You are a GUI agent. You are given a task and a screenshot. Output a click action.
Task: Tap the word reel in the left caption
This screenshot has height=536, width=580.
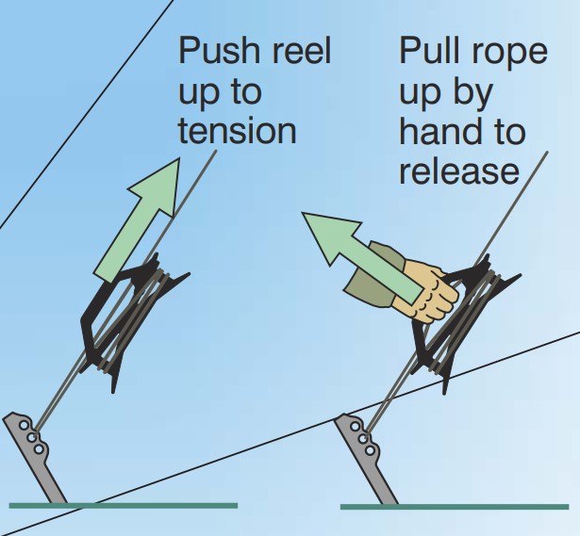[300, 52]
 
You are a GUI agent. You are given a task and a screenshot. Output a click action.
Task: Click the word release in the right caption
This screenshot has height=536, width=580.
[458, 172]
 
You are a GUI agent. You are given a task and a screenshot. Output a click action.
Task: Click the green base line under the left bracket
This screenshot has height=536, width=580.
[123, 506]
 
